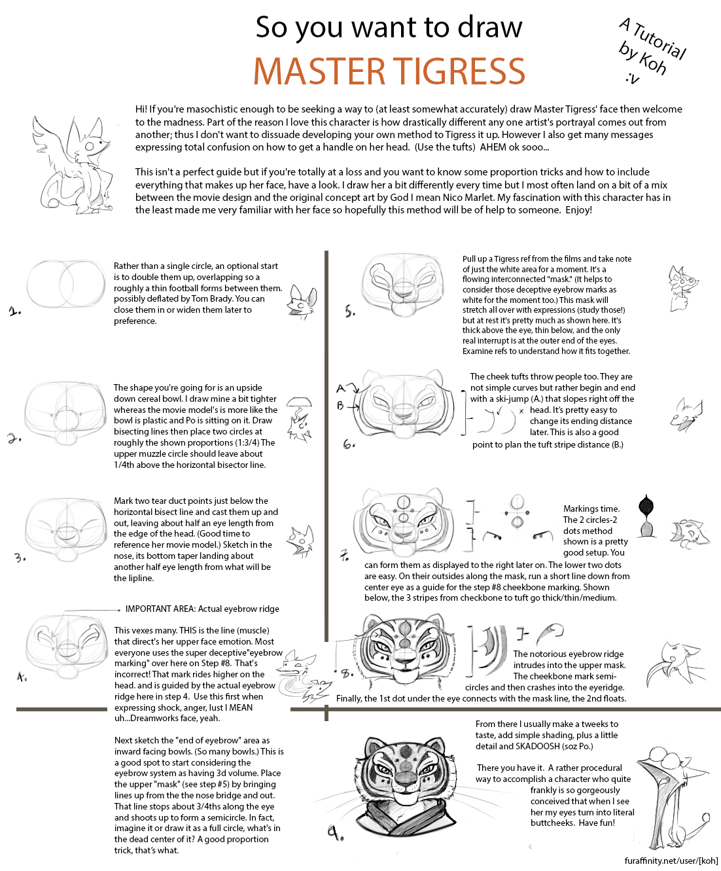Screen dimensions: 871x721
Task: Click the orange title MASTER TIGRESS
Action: pyautogui.click(x=389, y=71)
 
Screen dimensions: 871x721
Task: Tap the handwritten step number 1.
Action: pyautogui.click(x=15, y=311)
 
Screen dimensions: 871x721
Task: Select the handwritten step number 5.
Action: pyautogui.click(x=350, y=311)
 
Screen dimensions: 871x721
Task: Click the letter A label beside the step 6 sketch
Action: pyautogui.click(x=341, y=389)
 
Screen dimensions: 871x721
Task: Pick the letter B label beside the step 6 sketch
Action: pyautogui.click(x=340, y=406)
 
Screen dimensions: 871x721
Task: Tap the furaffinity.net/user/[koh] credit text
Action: pyautogui.click(x=671, y=861)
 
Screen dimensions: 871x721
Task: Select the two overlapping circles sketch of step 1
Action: pyautogui.click(x=65, y=285)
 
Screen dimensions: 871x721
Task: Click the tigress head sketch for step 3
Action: pyautogui.click(x=65, y=530)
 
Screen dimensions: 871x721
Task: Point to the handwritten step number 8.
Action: pyautogui.click(x=346, y=672)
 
